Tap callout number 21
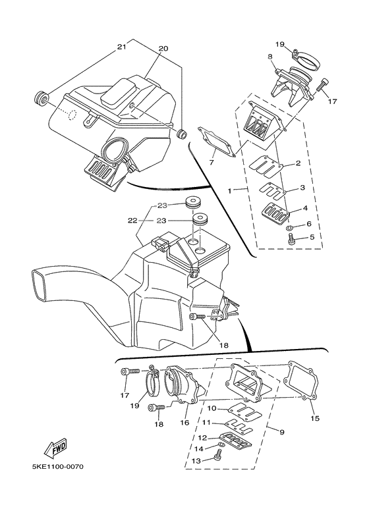point(121,47)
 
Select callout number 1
point(231,190)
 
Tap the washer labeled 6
point(290,228)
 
